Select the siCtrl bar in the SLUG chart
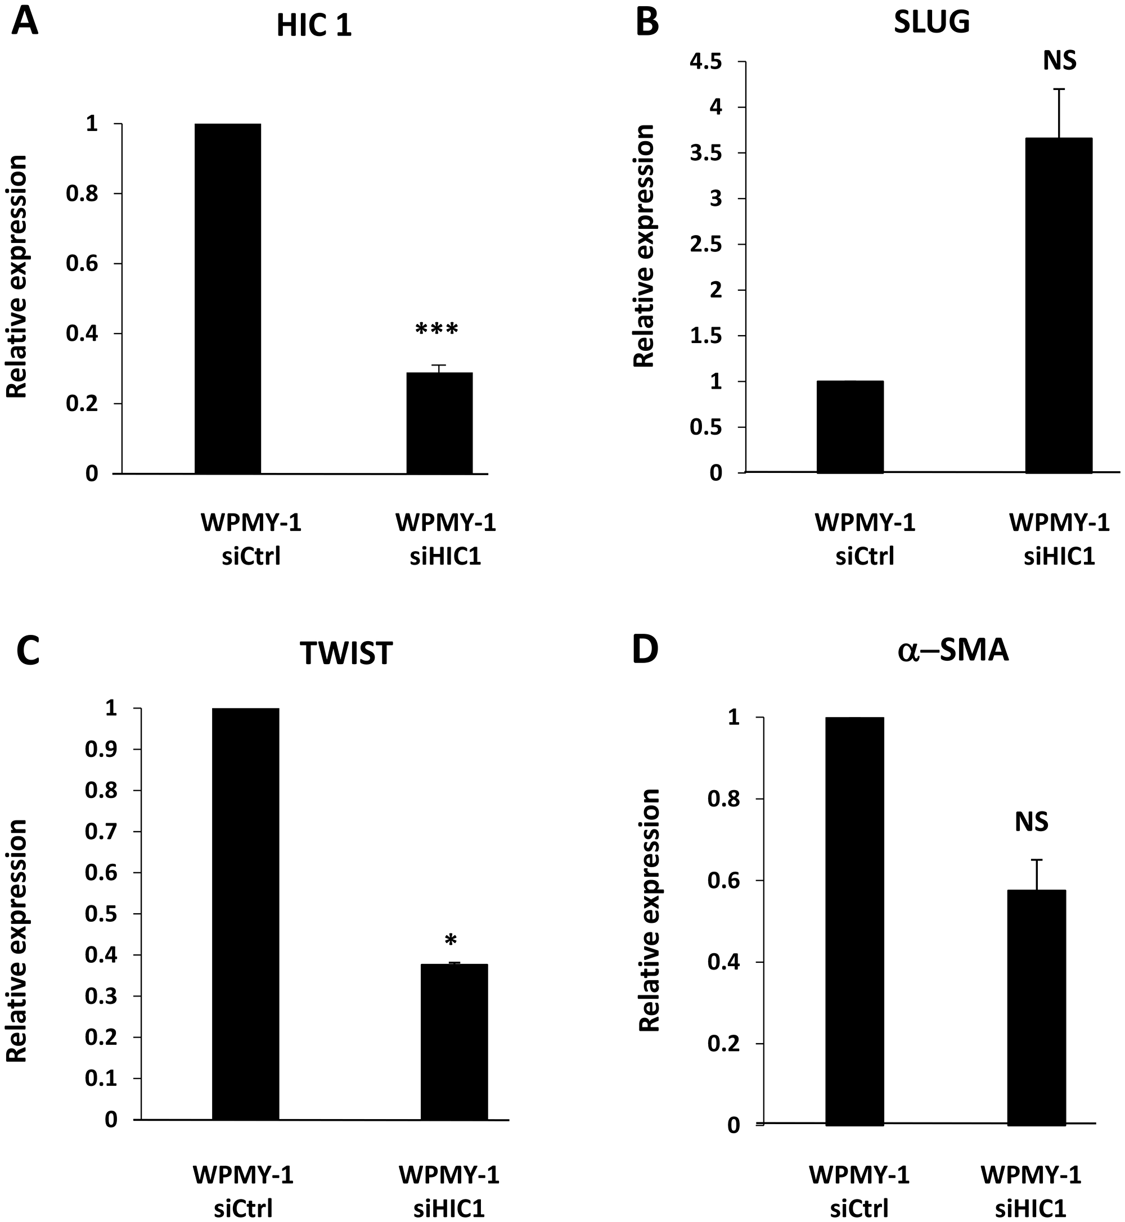(849, 427)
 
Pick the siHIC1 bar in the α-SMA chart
(1036, 1007)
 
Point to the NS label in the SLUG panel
(1059, 60)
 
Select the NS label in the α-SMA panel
(1031, 822)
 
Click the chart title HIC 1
(313, 27)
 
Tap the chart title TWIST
(346, 653)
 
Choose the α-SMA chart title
(953, 651)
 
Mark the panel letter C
(28, 651)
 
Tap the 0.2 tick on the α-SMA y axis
(723, 1044)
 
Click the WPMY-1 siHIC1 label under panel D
(1030, 1174)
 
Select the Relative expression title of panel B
(644, 246)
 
